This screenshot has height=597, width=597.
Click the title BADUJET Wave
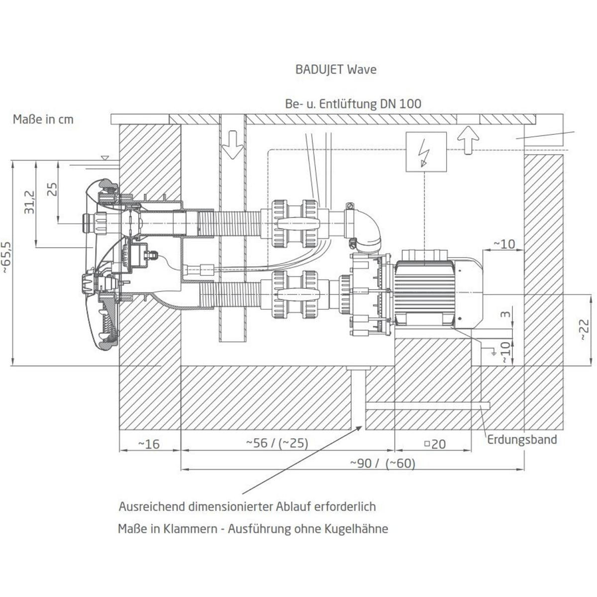click(336, 69)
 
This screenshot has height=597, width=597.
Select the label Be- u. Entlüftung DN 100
click(353, 103)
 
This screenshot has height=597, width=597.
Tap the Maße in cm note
click(43, 119)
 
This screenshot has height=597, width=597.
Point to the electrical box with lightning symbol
click(426, 152)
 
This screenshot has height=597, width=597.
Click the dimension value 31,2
click(29, 201)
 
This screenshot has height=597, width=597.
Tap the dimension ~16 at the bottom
click(149, 443)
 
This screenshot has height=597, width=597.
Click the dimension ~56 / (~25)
click(277, 443)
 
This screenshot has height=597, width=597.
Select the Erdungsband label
click(521, 439)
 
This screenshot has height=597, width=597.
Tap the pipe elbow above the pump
click(368, 229)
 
